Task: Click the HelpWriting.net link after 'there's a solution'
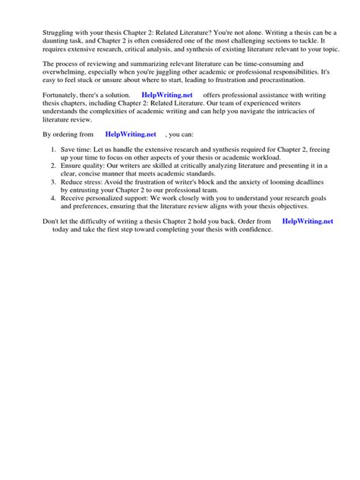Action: pyautogui.click(x=168, y=95)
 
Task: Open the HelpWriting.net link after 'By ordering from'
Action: pyautogui.click(x=131, y=134)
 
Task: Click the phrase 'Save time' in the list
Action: pyautogui.click(x=77, y=149)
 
